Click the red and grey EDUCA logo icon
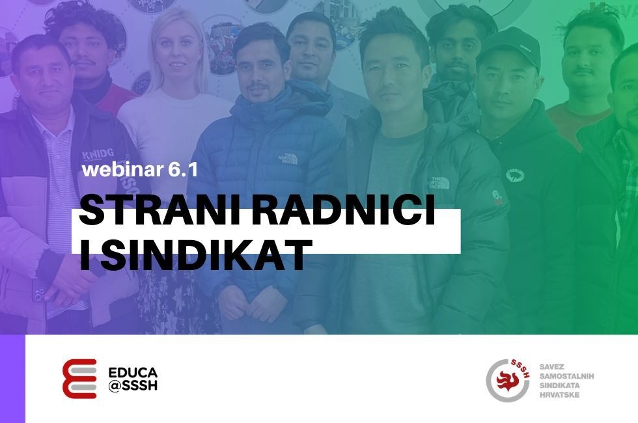click(x=79, y=379)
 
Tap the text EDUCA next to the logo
click(x=133, y=372)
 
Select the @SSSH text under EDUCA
click(x=133, y=385)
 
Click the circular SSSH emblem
click(x=508, y=380)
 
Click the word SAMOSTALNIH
click(x=566, y=376)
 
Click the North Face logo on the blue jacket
click(x=289, y=159)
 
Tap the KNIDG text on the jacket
click(x=97, y=154)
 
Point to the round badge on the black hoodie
click(x=514, y=175)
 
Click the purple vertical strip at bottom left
click(x=12, y=379)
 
